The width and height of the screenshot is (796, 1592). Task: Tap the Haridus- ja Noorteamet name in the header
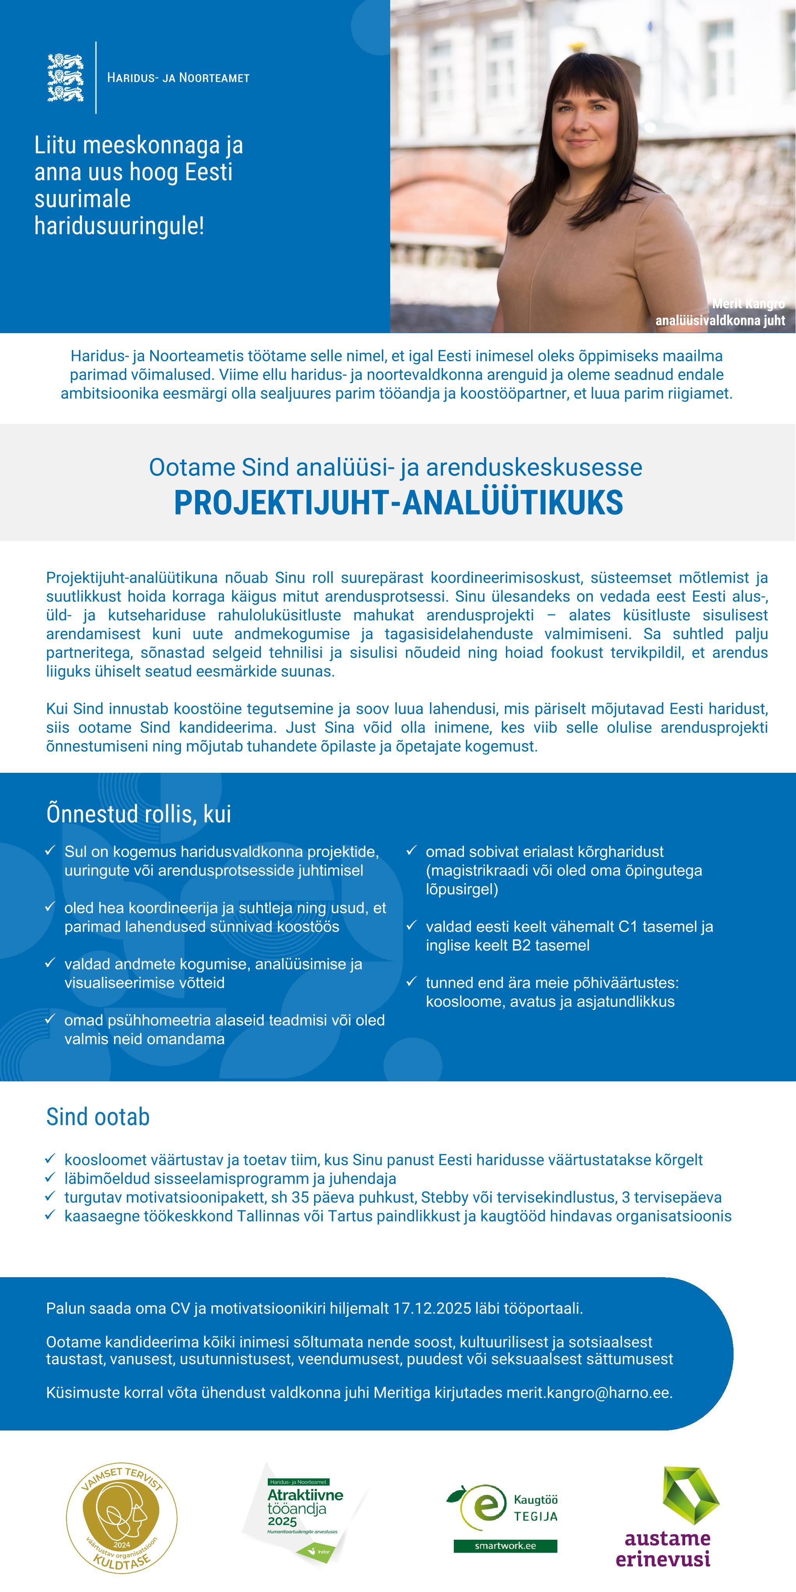[178, 78]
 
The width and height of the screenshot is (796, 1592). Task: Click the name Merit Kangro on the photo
[748, 303]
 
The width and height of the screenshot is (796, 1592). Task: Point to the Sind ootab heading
[98, 1117]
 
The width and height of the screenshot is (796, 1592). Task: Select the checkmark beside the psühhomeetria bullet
[51, 1019]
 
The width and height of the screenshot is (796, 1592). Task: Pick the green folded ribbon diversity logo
[690, 1496]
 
